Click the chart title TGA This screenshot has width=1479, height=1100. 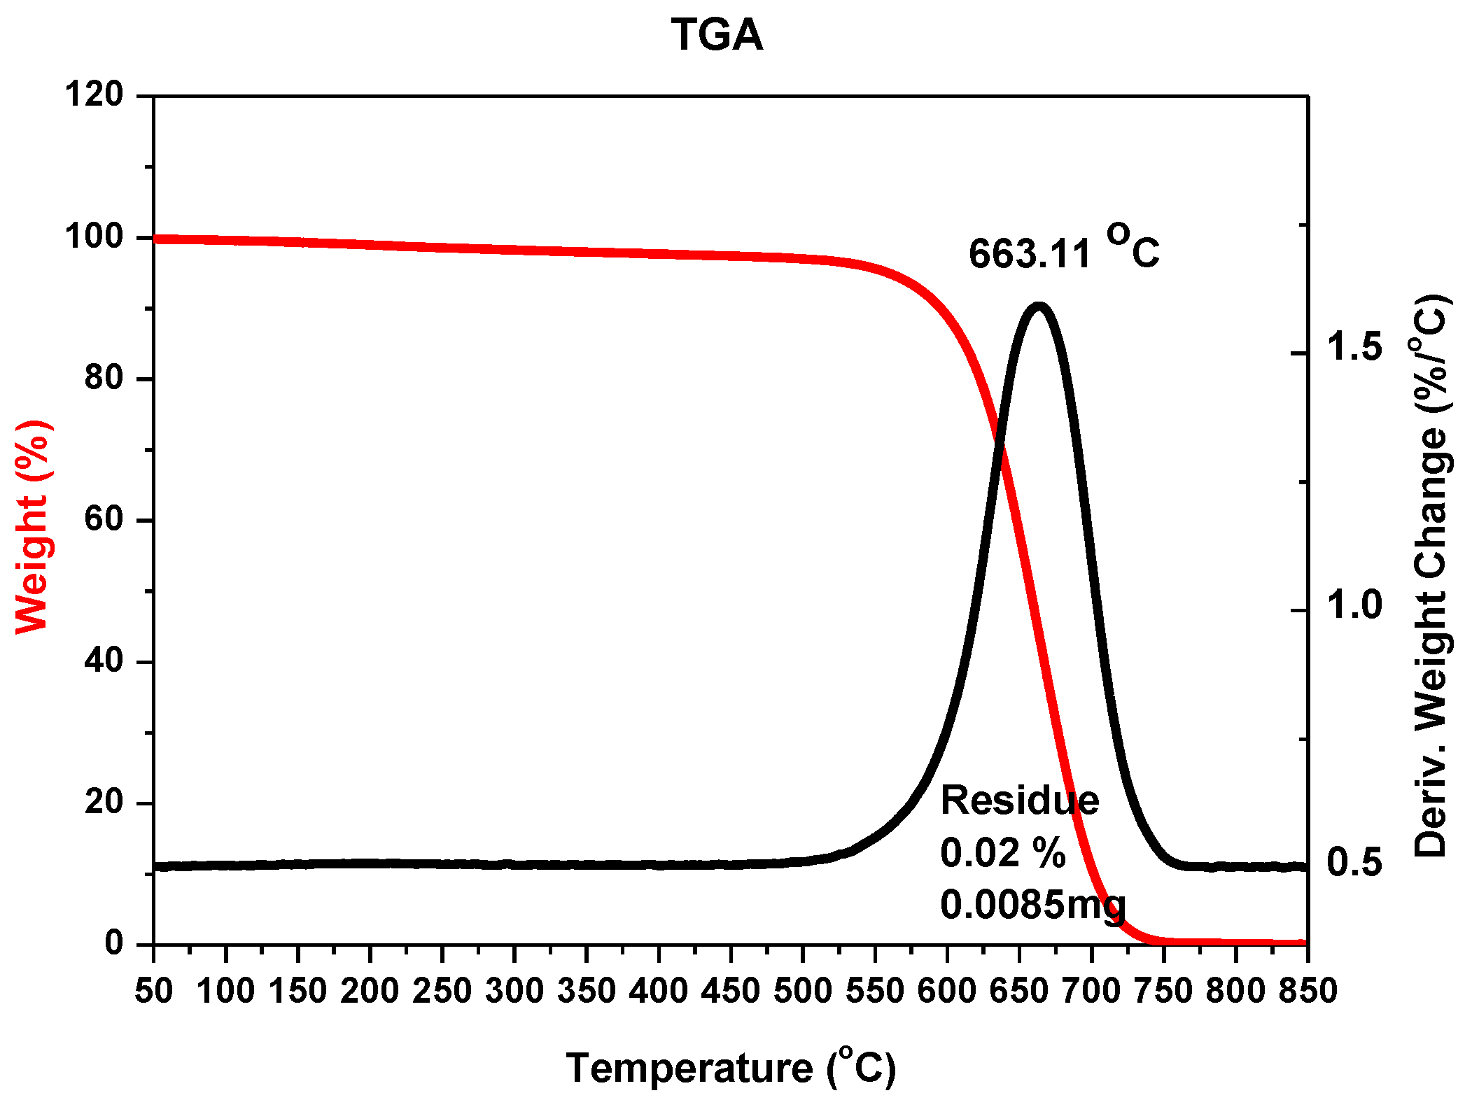[717, 35]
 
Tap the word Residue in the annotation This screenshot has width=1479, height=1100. [1019, 800]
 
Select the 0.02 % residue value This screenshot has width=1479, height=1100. [1002, 853]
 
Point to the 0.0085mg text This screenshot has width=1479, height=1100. [1032, 905]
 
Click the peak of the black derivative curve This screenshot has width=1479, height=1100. [1039, 306]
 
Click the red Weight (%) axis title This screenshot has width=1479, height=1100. [31, 527]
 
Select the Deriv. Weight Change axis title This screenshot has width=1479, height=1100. [1431, 575]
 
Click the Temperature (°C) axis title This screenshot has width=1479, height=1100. [730, 1069]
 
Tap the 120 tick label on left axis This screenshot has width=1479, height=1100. [94, 94]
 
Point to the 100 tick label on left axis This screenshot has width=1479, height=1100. [94, 237]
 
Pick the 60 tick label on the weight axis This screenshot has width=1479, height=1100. [104, 519]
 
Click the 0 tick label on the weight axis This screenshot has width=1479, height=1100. [114, 943]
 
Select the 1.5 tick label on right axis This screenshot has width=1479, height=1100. [1355, 347]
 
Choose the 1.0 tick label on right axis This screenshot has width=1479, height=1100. [1355, 605]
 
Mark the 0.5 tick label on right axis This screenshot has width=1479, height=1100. [1355, 862]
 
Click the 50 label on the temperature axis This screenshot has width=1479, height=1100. [153, 991]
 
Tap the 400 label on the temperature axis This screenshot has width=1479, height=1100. [658, 991]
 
